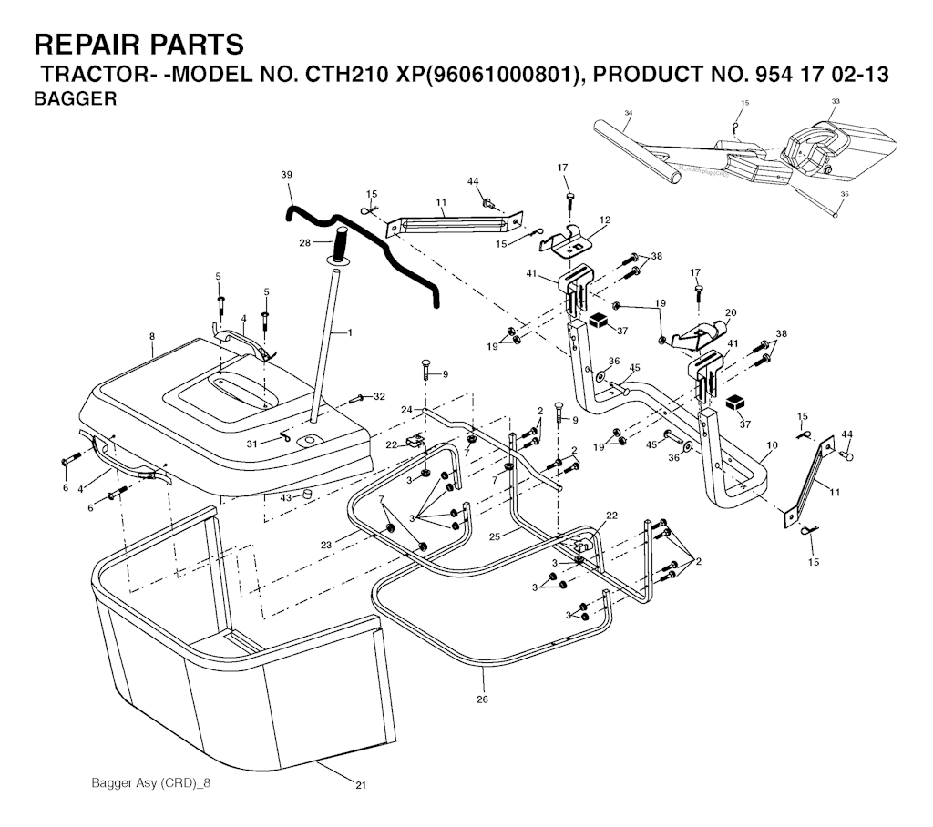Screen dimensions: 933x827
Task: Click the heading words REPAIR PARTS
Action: click(138, 45)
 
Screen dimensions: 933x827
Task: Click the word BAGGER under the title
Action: click(75, 98)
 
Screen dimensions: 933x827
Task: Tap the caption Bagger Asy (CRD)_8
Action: click(150, 782)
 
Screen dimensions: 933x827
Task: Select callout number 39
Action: click(287, 175)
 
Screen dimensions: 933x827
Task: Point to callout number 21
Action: click(361, 785)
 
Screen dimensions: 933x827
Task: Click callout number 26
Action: click(482, 699)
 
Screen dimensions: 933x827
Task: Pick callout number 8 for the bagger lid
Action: click(152, 336)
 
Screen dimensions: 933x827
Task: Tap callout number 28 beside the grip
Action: click(304, 243)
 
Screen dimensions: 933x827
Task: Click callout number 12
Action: click(605, 220)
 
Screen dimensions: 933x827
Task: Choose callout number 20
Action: click(731, 312)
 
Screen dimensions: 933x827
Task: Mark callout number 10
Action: click(773, 445)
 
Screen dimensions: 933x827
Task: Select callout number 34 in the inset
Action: click(629, 112)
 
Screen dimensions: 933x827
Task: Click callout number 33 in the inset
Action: click(835, 101)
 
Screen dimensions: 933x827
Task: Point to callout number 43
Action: click(285, 497)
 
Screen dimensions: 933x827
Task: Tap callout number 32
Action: click(379, 397)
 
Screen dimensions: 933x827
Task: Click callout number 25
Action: click(494, 536)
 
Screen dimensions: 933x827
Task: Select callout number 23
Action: click(325, 545)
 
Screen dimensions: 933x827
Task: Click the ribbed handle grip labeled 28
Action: click(343, 244)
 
